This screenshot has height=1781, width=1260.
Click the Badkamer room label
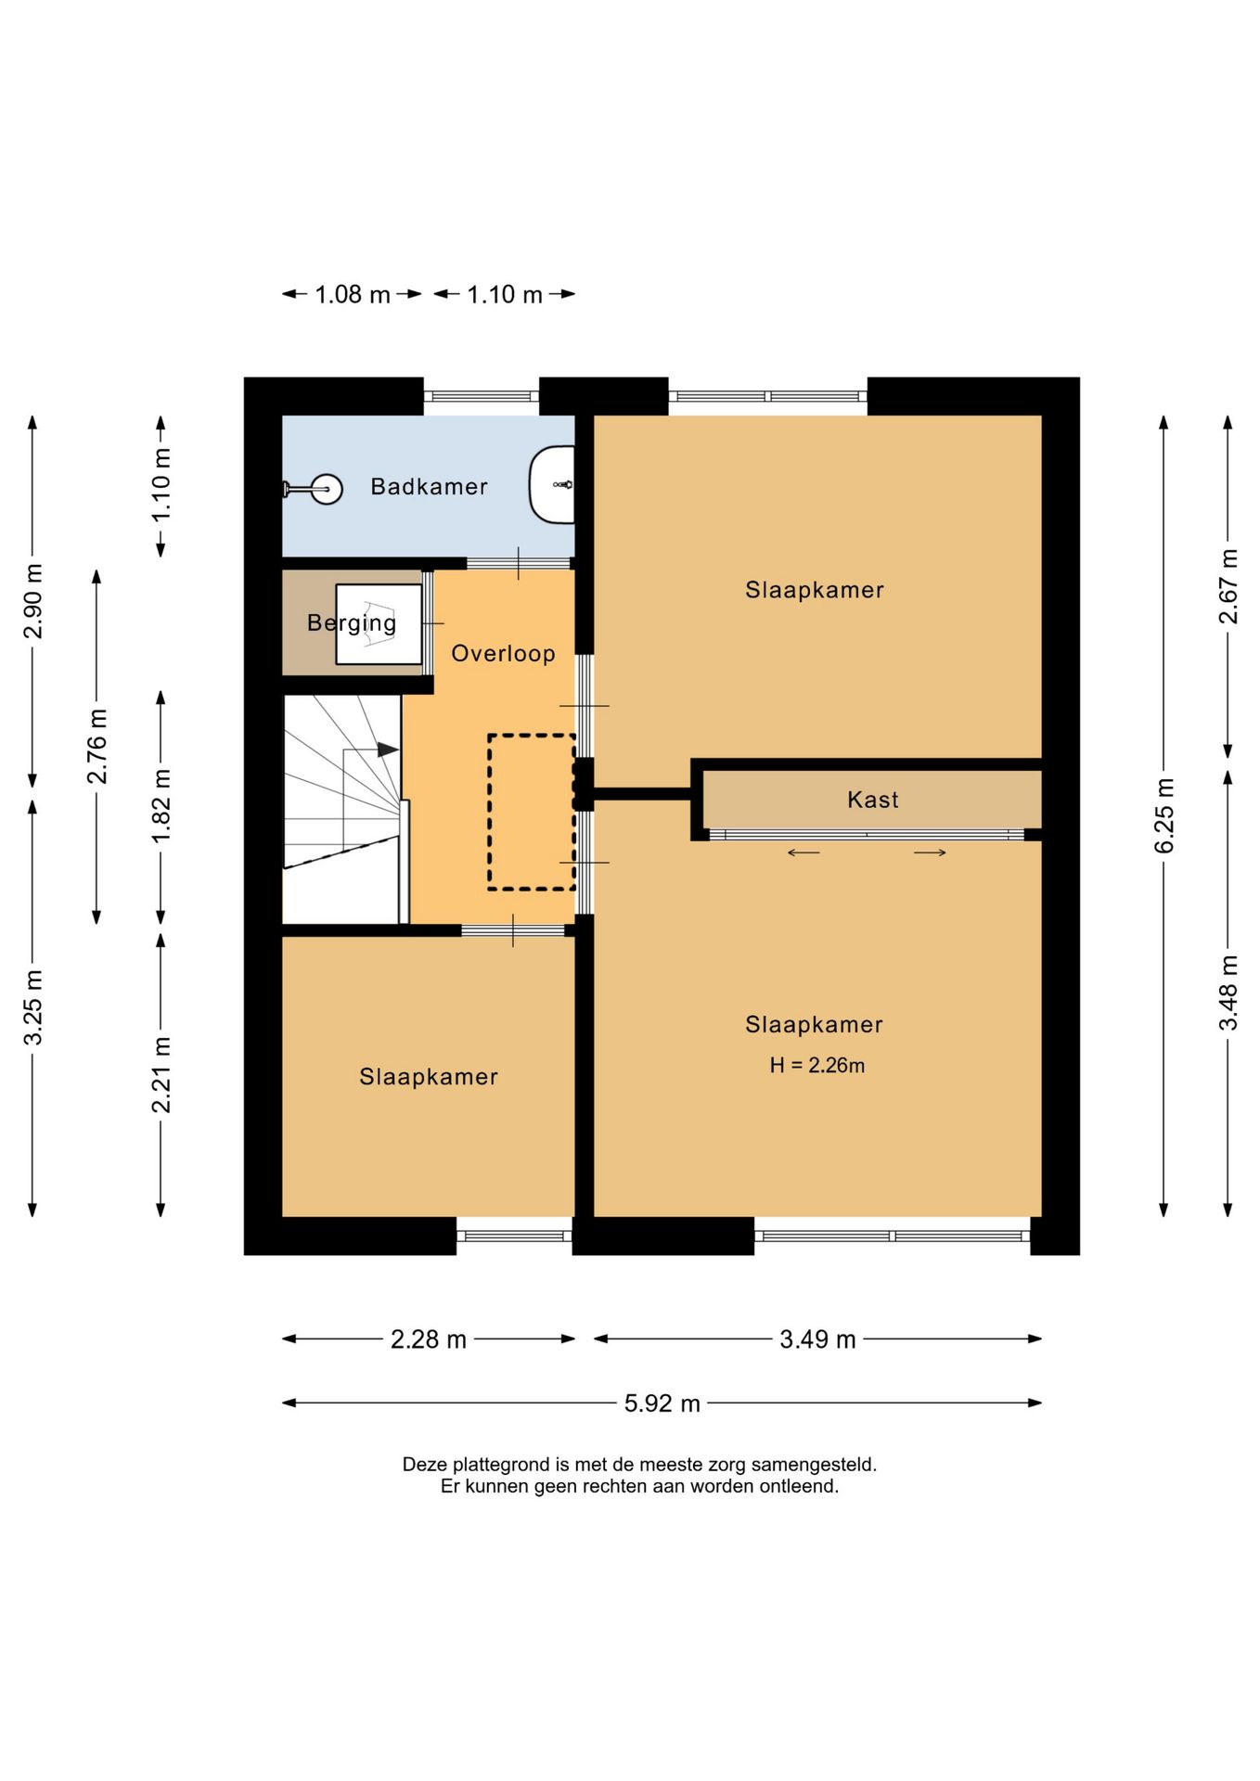[x=429, y=486]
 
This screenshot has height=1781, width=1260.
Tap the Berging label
[x=352, y=623]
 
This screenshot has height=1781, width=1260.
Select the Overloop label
[x=503, y=653]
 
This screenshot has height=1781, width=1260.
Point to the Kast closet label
[x=872, y=800]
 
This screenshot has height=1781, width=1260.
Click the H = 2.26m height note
[x=816, y=1065]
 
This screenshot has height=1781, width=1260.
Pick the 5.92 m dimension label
[x=662, y=1403]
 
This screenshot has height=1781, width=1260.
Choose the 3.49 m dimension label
[x=817, y=1339]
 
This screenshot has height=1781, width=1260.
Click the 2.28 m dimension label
[x=428, y=1339]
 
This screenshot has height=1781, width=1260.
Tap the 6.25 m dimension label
[x=1164, y=815]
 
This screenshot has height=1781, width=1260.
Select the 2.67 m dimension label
[x=1228, y=586]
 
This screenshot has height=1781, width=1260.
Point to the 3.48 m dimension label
[x=1228, y=993]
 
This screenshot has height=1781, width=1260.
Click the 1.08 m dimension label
[x=353, y=294]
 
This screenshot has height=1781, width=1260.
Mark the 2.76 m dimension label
[x=96, y=746]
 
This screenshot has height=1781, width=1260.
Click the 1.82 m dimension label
[x=161, y=806]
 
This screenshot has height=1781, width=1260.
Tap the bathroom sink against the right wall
[x=552, y=484]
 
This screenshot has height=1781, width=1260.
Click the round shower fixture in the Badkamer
[x=326, y=489]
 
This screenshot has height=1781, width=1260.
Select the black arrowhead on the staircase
[x=388, y=750]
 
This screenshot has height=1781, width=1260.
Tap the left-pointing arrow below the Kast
[x=804, y=852]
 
